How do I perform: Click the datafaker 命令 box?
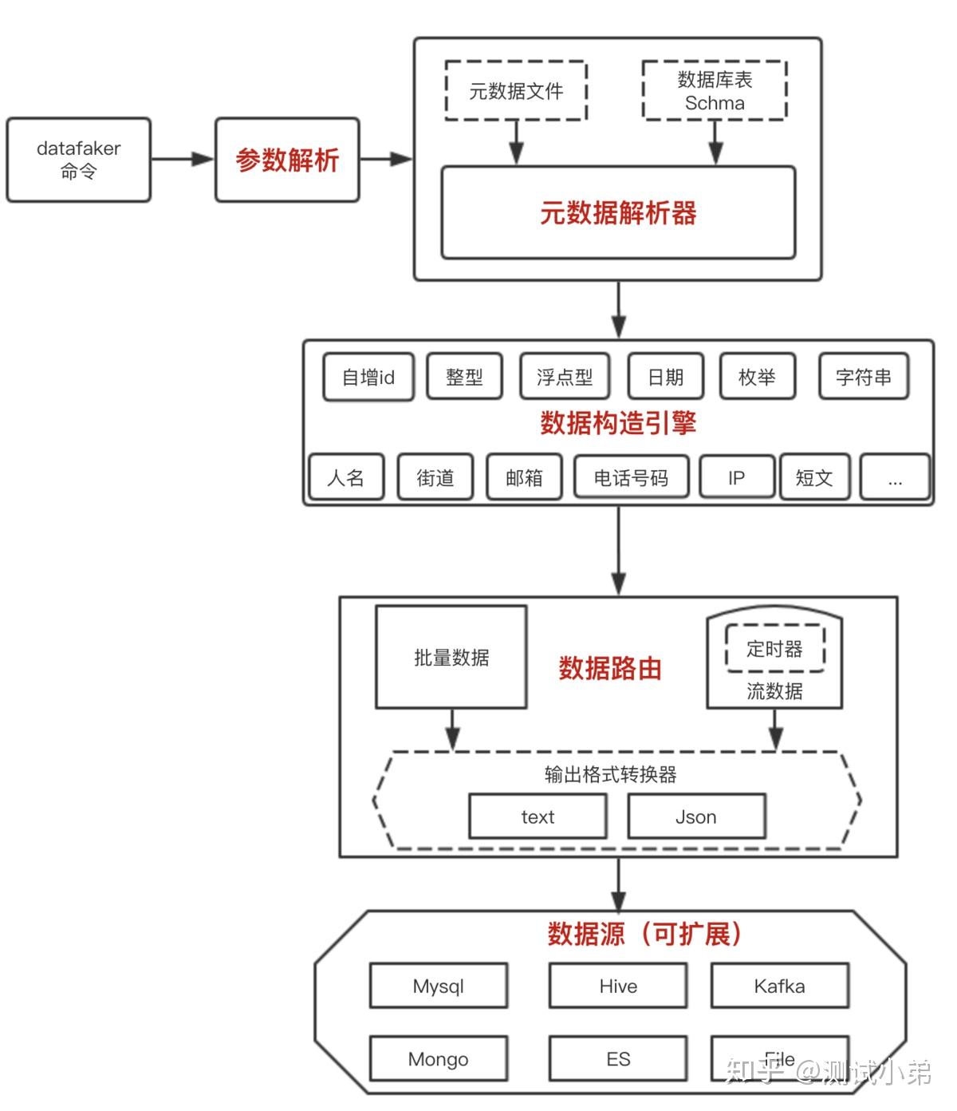point(78,160)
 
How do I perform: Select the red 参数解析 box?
point(287,160)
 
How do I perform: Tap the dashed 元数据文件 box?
point(516,91)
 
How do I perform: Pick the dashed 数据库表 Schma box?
point(715,91)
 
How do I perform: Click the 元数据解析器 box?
point(618,213)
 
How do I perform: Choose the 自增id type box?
point(368,378)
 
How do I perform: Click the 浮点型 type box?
point(564,378)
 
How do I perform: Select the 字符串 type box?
point(864,378)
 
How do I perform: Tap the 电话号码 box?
point(631,477)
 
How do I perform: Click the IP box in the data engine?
point(736,477)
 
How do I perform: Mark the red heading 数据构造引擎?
point(618,423)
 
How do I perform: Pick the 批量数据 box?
point(451,658)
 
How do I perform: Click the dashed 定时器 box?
point(774,649)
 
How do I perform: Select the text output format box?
point(538,816)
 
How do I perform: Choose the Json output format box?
point(696,816)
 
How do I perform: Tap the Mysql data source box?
point(438,986)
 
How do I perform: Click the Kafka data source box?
point(779,986)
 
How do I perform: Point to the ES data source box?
point(618,1059)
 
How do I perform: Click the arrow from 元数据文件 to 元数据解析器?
point(516,144)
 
